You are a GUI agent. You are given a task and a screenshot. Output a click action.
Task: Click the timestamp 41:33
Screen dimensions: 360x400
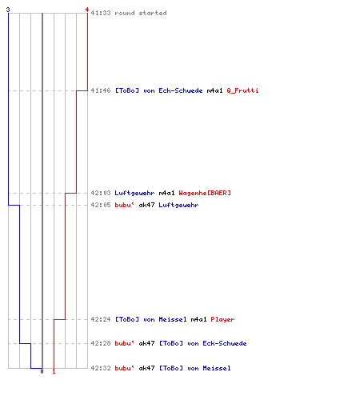pyautogui.click(x=101, y=13)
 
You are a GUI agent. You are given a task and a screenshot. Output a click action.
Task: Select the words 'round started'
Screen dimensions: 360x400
pyautogui.click(x=141, y=13)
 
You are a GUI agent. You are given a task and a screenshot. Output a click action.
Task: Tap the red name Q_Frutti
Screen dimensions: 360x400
pyautogui.click(x=242, y=90)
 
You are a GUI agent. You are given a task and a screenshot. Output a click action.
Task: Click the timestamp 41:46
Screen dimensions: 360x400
pyautogui.click(x=101, y=90)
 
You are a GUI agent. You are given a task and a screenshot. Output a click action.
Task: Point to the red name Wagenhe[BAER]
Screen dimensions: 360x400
pyautogui.click(x=205, y=193)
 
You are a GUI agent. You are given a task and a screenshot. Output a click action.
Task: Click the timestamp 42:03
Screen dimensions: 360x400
pyautogui.click(x=101, y=193)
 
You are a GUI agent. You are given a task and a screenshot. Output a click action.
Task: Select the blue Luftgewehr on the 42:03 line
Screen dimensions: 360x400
pyautogui.click(x=134, y=193)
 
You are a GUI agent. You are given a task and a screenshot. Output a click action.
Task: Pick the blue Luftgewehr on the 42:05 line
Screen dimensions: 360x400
pyautogui.click(x=178, y=205)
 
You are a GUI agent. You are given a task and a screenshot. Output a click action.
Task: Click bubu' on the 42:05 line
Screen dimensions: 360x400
pyautogui.click(x=124, y=205)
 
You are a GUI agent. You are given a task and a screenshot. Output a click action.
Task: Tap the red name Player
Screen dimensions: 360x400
pyautogui.click(x=222, y=319)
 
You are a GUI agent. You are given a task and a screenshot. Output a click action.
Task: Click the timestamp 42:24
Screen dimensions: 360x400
pyautogui.click(x=101, y=319)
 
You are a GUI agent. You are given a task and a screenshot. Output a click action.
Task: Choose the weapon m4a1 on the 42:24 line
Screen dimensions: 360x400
pyautogui.click(x=198, y=319)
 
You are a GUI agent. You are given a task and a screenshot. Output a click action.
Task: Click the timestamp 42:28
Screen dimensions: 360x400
pyautogui.click(x=101, y=343)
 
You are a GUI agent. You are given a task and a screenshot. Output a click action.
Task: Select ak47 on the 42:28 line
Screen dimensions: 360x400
pyautogui.click(x=146, y=343)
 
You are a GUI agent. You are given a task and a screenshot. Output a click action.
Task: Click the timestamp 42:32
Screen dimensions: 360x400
pyautogui.click(x=101, y=368)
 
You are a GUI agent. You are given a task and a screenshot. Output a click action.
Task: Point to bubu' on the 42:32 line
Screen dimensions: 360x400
pyautogui.click(x=124, y=368)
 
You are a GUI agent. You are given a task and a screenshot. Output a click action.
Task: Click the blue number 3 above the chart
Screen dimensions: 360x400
pyautogui.click(x=8, y=10)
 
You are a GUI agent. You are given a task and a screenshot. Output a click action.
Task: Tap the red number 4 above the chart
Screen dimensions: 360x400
pyautogui.click(x=87, y=10)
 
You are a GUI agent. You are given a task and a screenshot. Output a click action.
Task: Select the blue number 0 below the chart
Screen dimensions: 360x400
pyautogui.click(x=42, y=371)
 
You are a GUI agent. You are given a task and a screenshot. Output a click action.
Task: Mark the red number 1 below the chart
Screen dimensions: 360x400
pyautogui.click(x=54, y=371)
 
